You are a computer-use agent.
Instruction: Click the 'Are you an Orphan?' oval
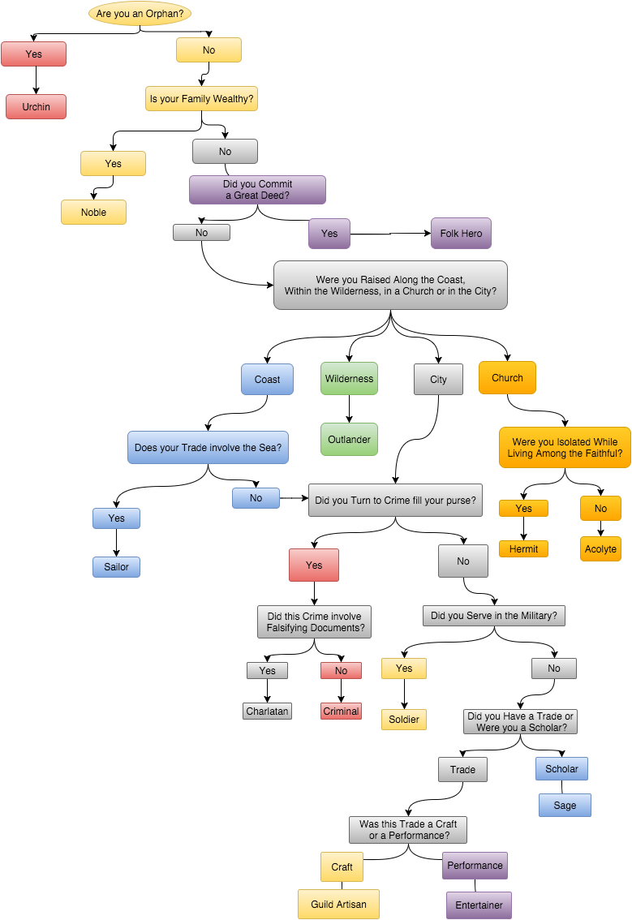140,14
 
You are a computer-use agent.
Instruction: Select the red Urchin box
36,107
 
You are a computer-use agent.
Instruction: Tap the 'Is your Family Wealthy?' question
201,100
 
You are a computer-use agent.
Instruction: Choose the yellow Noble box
93,213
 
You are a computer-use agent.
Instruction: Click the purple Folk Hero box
461,234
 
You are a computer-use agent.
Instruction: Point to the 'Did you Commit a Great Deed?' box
257,190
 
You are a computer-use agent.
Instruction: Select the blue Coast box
267,379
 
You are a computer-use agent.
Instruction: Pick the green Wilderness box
349,378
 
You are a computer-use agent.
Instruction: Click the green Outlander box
349,440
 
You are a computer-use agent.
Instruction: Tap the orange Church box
507,378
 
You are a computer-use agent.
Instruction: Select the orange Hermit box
523,549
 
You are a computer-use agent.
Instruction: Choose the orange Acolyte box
600,549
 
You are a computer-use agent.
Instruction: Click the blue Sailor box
116,567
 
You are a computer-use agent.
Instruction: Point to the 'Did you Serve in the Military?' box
493,616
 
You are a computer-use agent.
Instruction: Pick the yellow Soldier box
403,720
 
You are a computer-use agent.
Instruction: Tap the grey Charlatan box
267,711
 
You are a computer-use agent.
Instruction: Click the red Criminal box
341,711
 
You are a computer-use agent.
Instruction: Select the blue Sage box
565,806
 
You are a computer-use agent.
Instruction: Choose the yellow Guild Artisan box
338,905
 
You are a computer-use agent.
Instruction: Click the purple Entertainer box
479,905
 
